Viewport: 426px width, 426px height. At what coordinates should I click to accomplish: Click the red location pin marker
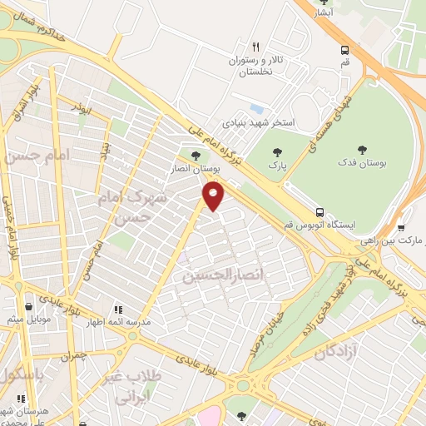[x=214, y=195]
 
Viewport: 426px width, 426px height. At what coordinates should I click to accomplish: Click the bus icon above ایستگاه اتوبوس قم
[x=320, y=211]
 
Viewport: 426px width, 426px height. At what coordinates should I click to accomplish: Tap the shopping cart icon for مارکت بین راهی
[x=401, y=227]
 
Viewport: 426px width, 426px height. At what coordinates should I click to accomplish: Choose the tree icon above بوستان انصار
[x=196, y=155]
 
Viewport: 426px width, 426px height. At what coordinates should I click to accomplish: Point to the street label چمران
[x=72, y=357]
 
